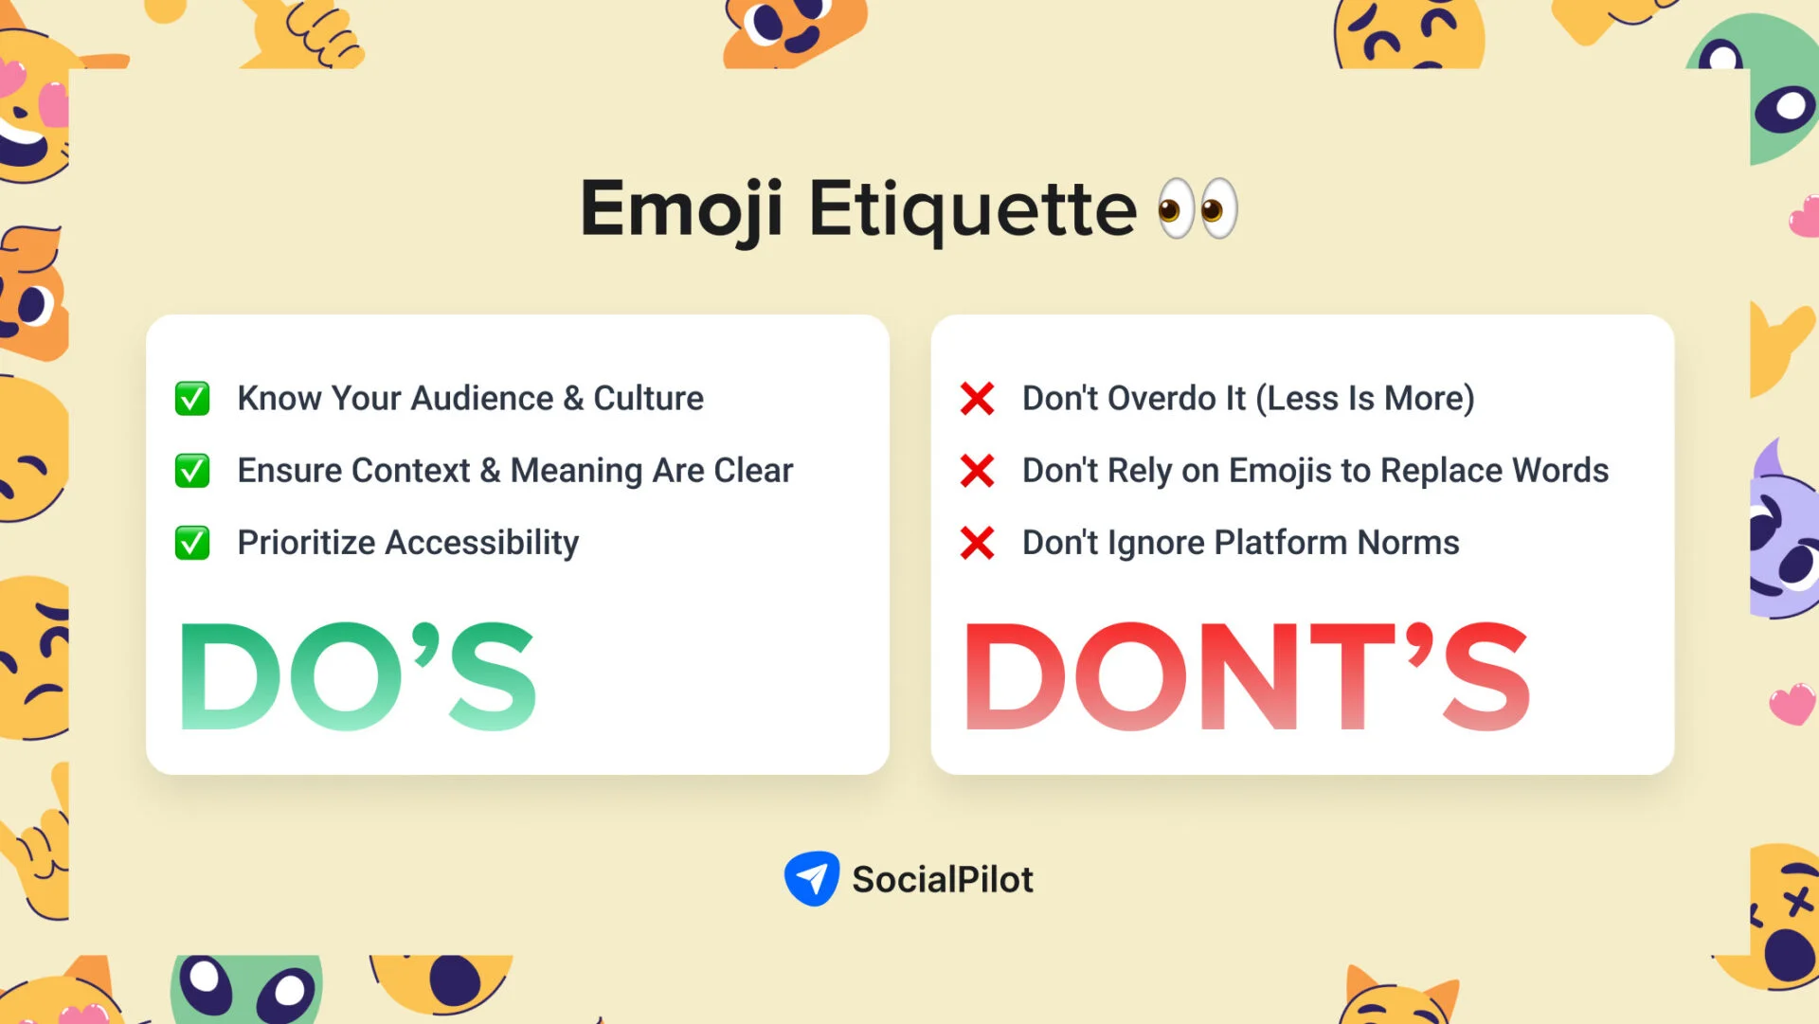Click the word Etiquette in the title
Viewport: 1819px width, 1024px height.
click(972, 209)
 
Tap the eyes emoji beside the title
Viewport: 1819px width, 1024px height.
click(1198, 208)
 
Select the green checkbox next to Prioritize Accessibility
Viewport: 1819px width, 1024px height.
click(192, 543)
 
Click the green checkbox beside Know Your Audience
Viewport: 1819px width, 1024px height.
click(192, 399)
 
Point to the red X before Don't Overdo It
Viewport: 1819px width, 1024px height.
click(977, 399)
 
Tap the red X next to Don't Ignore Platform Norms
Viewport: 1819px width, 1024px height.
click(977, 543)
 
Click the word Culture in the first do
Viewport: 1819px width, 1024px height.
click(648, 399)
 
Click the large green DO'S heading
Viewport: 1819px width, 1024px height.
click(358, 676)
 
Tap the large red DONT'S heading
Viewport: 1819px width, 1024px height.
click(1247, 676)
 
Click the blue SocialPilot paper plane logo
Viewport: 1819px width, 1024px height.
click(812, 878)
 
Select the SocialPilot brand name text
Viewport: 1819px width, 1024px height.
click(943, 879)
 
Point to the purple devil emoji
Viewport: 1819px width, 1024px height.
click(1784, 535)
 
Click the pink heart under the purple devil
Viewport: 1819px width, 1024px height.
click(1792, 704)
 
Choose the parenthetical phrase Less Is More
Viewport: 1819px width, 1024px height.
click(1365, 399)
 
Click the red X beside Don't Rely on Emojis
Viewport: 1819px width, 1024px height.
click(977, 471)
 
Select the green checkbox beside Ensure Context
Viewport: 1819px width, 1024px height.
click(192, 471)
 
